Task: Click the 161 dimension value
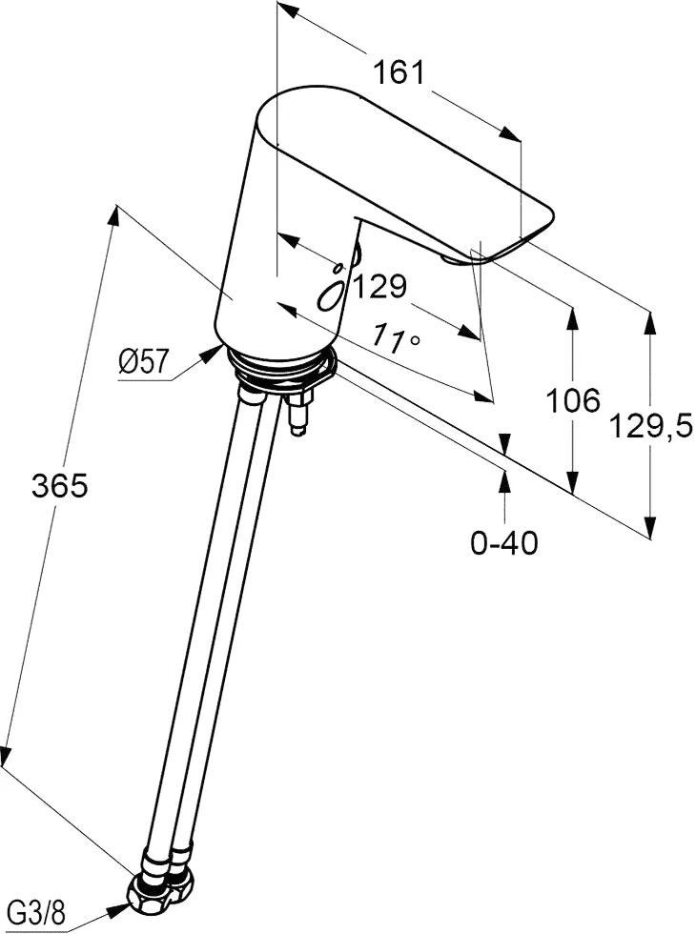(x=399, y=72)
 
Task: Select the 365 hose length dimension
(x=59, y=485)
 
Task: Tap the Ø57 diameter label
(x=144, y=361)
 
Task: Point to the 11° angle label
(x=397, y=337)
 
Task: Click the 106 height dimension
(x=573, y=400)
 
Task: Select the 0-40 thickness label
(x=504, y=542)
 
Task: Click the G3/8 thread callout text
(x=39, y=913)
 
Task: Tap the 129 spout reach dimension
(x=380, y=287)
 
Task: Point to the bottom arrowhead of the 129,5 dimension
(x=650, y=525)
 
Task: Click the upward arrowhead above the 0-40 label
(x=504, y=480)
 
